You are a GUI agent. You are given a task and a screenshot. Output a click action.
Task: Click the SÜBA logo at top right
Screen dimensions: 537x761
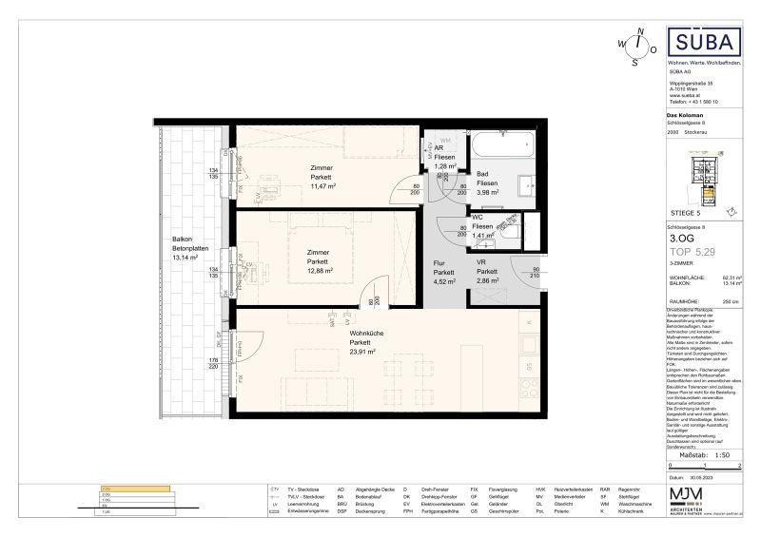point(701,45)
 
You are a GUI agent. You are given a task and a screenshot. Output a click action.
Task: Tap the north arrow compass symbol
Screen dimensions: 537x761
point(636,45)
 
